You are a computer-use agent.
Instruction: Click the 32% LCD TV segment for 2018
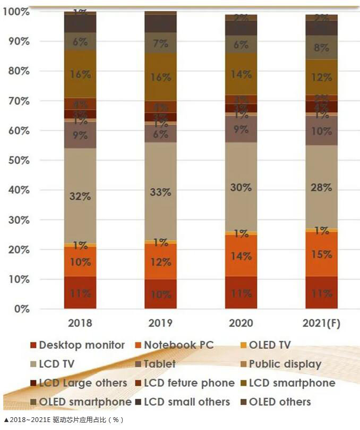(80, 196)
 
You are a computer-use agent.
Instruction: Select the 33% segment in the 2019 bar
(160, 192)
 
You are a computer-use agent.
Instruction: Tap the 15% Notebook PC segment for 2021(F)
(321, 254)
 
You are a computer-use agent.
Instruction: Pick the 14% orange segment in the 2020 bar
(241, 256)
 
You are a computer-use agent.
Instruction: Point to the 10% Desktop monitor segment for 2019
(160, 294)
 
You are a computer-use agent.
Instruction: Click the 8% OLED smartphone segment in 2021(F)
(321, 47)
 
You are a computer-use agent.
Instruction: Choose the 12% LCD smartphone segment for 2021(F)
(321, 77)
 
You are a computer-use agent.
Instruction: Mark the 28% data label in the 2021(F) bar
(321, 187)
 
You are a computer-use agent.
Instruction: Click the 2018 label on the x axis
(80, 323)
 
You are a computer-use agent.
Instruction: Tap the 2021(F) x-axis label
(321, 323)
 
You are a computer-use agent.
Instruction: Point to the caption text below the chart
(64, 420)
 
